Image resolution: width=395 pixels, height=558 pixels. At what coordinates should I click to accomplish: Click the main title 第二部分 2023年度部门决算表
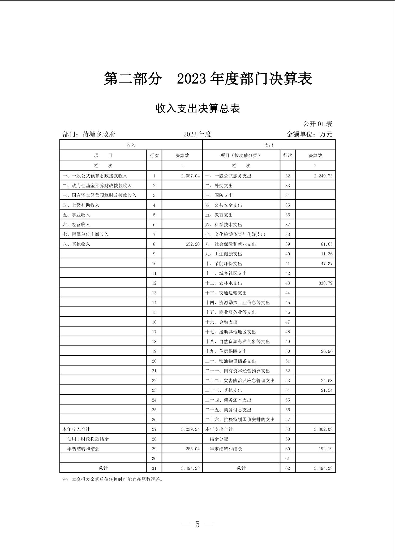point(208,79)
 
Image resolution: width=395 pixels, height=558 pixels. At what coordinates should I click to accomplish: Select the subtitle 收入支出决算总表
point(197,108)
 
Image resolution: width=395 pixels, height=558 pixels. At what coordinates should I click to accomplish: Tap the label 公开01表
point(318,124)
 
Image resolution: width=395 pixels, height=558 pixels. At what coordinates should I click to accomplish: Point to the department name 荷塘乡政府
point(98,134)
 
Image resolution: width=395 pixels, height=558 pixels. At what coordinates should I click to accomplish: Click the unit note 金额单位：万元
point(309,134)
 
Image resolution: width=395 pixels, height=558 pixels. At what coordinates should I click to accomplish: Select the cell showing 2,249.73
point(323,176)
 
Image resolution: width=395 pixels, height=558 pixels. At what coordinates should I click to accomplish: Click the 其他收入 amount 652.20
point(192,244)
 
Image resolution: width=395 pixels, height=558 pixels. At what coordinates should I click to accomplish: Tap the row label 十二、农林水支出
point(224,283)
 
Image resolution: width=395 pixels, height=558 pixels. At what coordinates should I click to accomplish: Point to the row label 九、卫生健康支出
point(224,254)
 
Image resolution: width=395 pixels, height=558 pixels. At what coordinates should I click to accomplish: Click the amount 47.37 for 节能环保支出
point(327,264)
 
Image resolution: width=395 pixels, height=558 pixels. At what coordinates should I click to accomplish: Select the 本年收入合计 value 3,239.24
point(190,429)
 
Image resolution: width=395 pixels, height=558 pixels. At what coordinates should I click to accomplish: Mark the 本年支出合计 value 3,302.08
point(323,429)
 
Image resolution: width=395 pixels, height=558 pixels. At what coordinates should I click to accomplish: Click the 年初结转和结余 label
point(83,449)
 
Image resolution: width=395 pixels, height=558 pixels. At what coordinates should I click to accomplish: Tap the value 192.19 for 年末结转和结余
point(325,449)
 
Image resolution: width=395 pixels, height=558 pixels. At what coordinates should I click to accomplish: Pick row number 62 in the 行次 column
point(287,468)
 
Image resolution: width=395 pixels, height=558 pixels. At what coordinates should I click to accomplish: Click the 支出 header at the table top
point(269,145)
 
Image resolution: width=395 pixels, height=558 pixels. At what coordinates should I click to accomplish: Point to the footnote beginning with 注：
point(112,479)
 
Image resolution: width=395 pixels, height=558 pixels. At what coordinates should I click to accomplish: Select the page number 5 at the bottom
point(197,524)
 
